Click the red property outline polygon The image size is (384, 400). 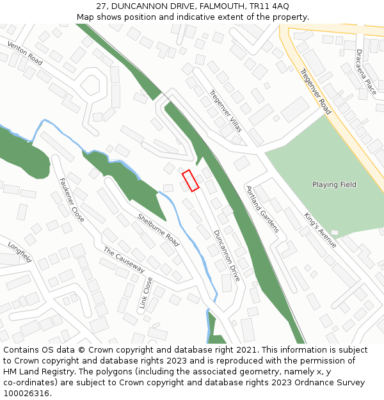pos(190,180)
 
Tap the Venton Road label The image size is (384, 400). pos(25,53)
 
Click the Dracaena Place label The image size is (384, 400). pos(367,72)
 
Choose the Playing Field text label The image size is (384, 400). pos(334,185)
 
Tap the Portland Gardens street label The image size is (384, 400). pos(262,209)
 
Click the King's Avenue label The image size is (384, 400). pos(320,230)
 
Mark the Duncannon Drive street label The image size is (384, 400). pos(227,255)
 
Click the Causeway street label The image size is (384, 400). pos(124,260)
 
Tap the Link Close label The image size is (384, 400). pos(146,292)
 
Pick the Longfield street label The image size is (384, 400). pos(19,252)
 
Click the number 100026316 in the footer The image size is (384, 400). pos(26,394)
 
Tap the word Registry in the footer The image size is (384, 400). pos(46,372)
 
